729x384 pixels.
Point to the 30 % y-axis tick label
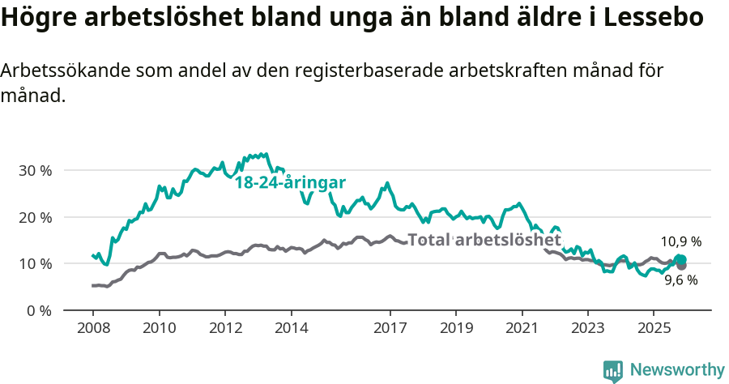[34, 171]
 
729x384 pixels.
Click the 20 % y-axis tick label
[34, 217]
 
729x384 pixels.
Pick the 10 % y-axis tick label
[34, 264]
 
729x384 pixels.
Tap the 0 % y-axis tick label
[38, 310]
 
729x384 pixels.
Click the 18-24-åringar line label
[290, 183]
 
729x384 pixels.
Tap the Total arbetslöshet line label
[484, 240]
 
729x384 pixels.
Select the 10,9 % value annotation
[680, 241]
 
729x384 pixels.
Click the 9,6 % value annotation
[680, 280]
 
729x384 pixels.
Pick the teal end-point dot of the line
[680, 259]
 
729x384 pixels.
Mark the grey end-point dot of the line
[681, 266]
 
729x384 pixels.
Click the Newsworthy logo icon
[613, 370]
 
